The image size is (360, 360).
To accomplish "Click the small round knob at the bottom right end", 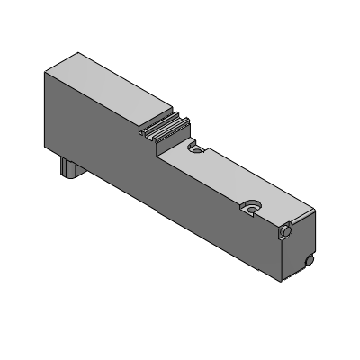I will (x=310, y=261).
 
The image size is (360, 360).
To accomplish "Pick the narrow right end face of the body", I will (x=301, y=247).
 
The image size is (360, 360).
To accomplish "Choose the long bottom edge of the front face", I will (x=171, y=211).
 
